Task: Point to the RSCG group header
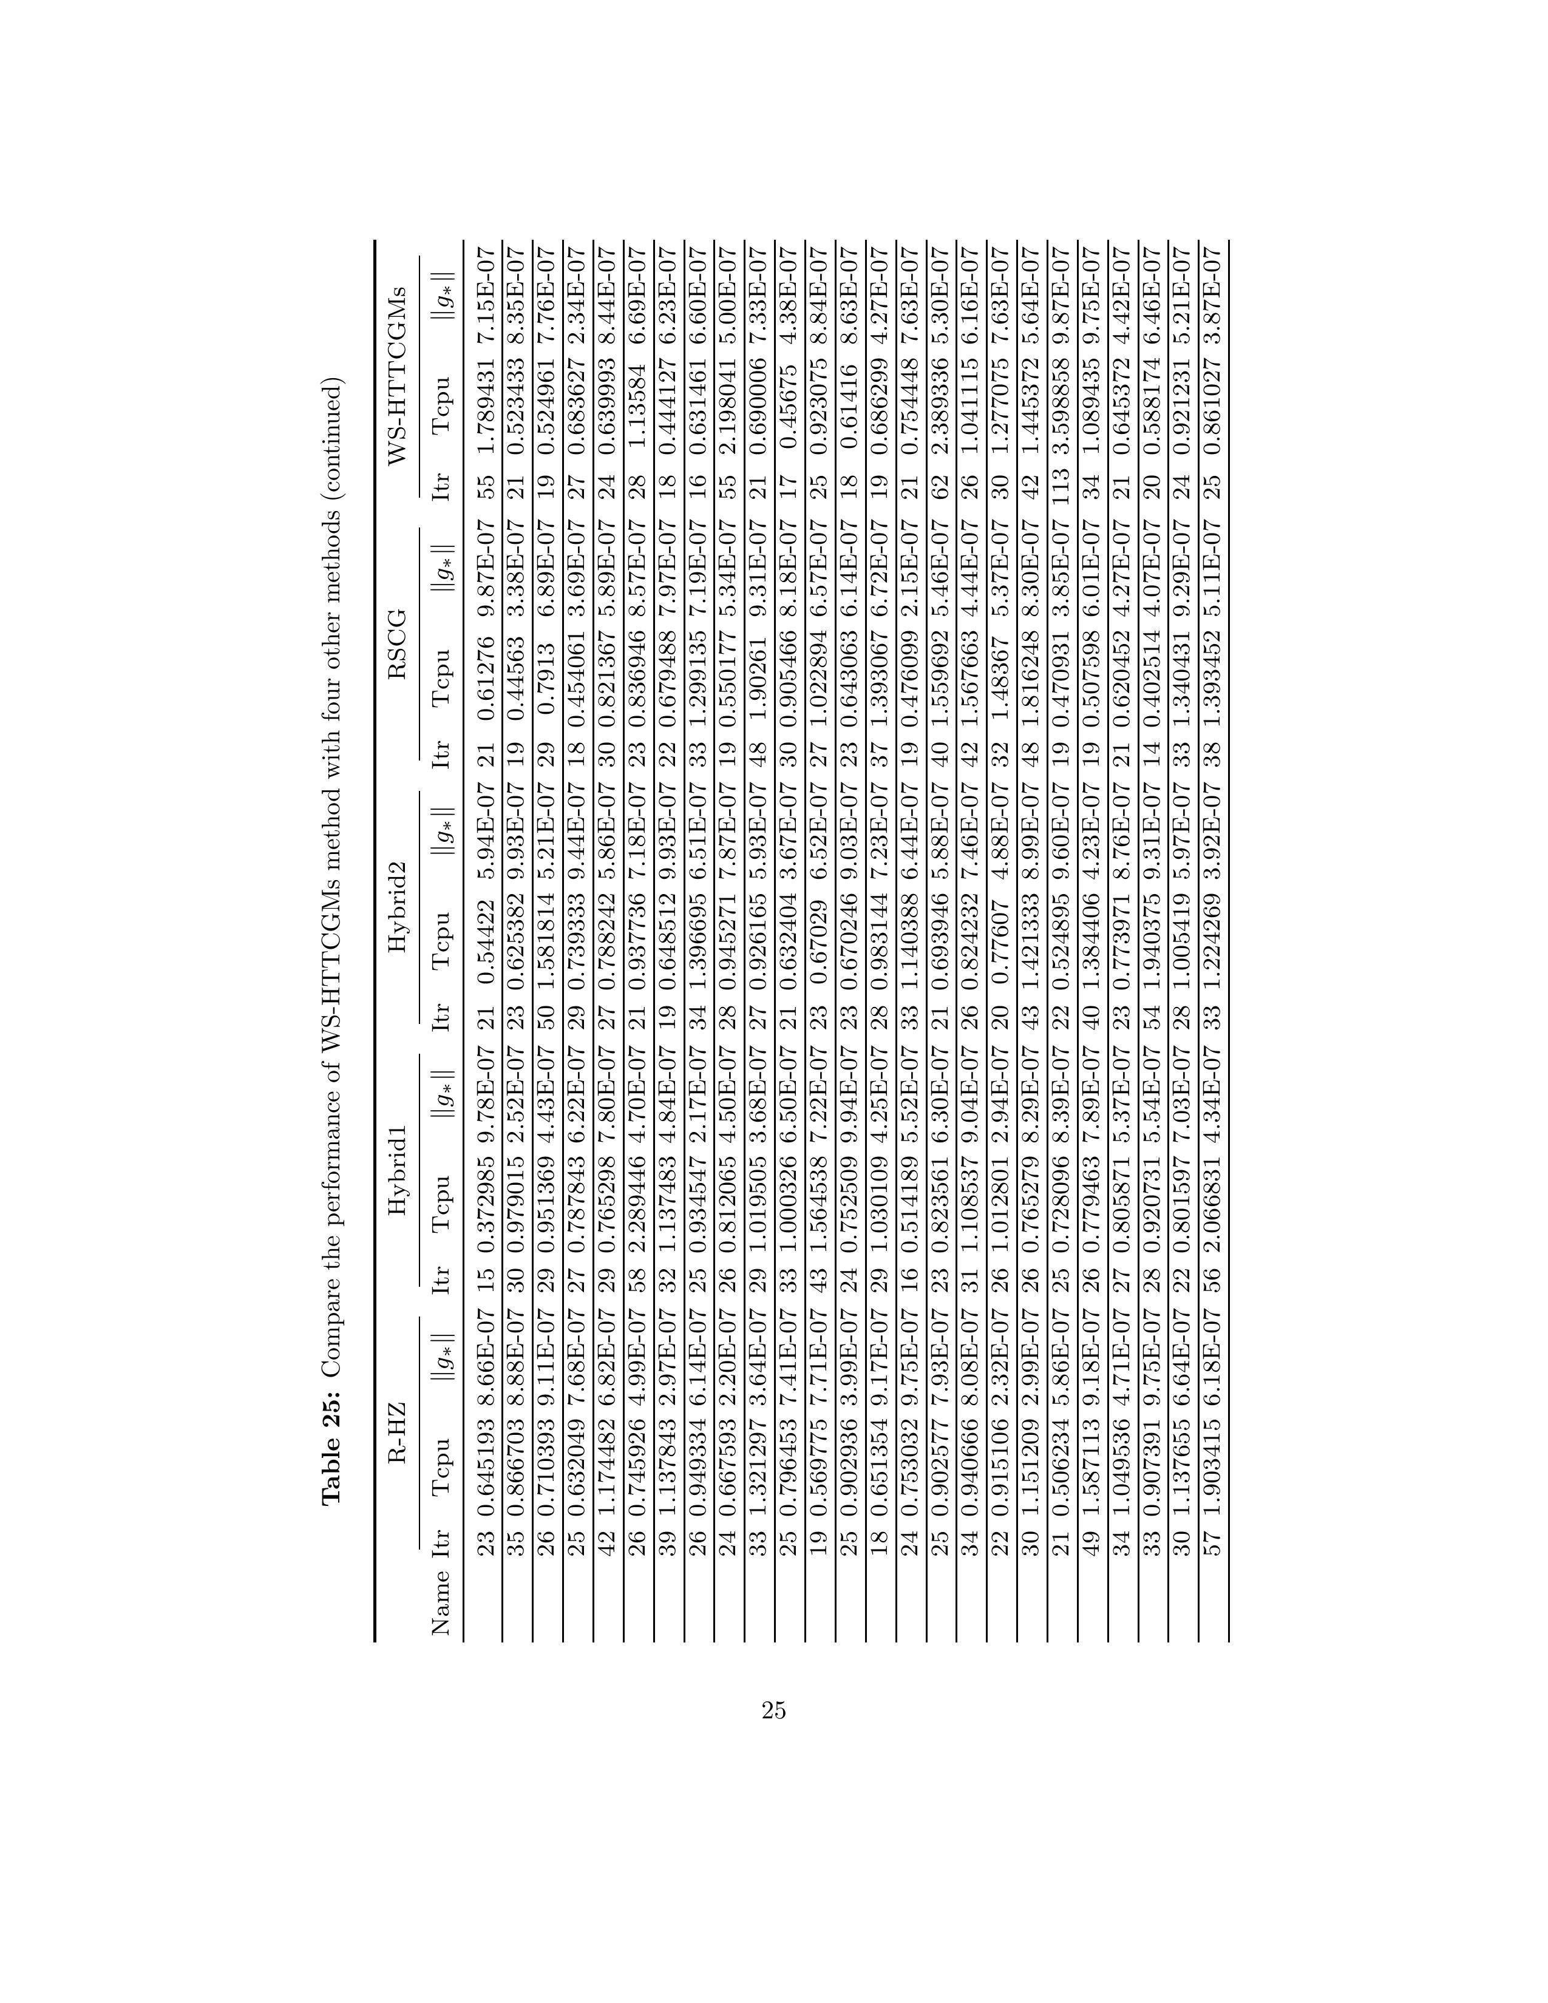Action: click(398, 654)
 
